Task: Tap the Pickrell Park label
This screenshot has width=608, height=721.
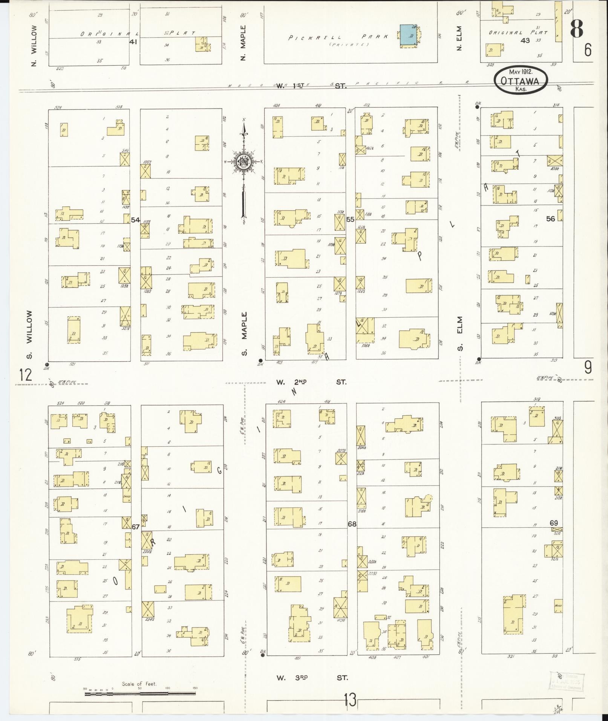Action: coord(338,37)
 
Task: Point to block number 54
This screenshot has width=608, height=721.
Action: coord(135,219)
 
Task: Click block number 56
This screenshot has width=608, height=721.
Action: coord(550,219)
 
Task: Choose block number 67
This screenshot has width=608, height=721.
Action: coord(135,527)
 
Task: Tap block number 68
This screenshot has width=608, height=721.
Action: coord(352,524)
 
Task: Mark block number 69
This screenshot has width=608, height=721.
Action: coord(553,523)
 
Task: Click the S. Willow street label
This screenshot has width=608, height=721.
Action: coord(29,335)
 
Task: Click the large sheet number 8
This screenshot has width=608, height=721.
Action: coord(577,28)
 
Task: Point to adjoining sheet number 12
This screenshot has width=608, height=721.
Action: coord(26,375)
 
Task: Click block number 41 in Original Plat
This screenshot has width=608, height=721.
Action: coord(133,42)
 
